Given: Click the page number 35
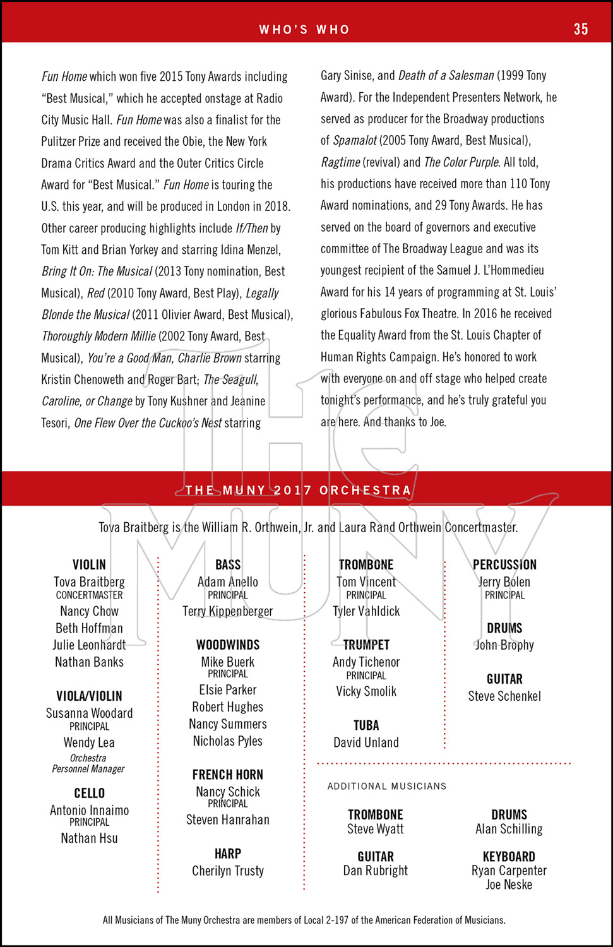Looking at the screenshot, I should click(581, 29).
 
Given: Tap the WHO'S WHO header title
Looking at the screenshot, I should click(304, 30).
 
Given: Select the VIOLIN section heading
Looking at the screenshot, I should click(89, 565).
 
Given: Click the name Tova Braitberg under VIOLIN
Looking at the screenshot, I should click(89, 582).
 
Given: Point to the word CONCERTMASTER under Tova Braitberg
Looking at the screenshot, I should click(89, 595).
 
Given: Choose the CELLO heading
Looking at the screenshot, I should click(89, 794).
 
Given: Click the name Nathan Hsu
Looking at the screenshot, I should click(89, 838).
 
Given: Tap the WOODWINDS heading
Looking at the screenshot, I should click(228, 645).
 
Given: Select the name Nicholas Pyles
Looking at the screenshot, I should click(228, 741).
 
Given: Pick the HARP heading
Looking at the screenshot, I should click(228, 854).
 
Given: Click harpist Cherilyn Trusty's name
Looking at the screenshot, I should click(228, 871).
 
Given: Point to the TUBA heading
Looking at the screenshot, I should click(366, 726).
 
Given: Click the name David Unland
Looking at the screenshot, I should click(366, 743).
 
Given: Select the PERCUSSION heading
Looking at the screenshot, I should click(504, 565).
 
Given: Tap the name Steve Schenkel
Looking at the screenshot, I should click(504, 696).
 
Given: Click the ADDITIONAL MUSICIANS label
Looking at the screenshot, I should click(387, 787).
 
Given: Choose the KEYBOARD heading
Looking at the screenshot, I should click(509, 857).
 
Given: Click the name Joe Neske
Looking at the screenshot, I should click(509, 885).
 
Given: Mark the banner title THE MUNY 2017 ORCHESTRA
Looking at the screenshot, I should click(299, 491).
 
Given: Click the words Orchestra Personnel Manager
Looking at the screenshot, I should click(88, 763).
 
